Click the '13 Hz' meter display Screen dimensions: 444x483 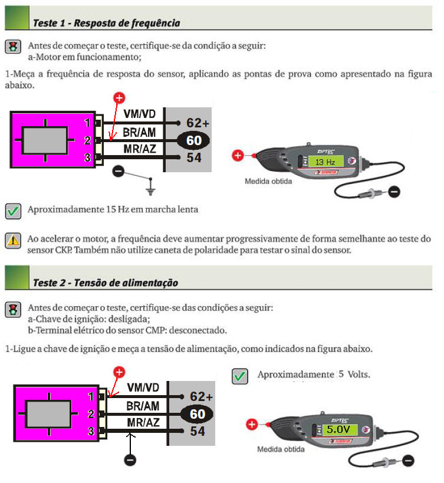click(325, 162)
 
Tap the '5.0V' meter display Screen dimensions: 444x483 click(338, 429)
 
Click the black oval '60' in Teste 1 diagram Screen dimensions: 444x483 click(193, 140)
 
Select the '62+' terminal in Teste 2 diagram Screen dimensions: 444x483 click(201, 396)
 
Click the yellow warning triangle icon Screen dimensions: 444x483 click(13, 240)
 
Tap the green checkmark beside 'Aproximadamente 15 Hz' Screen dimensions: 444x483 click(13, 211)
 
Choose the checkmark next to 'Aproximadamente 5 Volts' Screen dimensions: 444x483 click(240, 376)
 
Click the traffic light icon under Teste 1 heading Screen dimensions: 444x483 click(13, 47)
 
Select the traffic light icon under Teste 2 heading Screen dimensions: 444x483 click(13, 310)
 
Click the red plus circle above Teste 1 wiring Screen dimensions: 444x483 click(119, 98)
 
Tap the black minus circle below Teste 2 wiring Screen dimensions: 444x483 click(130, 460)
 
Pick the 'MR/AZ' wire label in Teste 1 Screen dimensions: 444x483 click(140, 149)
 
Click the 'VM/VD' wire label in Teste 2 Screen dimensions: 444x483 click(143, 387)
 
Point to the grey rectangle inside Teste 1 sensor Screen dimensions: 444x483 click(45, 140)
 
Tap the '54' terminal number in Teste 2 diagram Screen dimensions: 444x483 click(198, 431)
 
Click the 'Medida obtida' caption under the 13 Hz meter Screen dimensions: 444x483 click(268, 181)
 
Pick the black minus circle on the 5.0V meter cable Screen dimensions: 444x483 click(408, 461)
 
